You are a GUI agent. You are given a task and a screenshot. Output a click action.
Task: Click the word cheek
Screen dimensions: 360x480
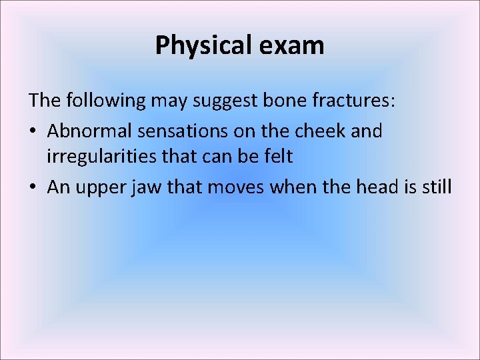(321, 131)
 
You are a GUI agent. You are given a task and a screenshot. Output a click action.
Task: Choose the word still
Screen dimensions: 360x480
(436, 187)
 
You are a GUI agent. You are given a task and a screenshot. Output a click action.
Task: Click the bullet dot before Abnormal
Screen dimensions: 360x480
(33, 131)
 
